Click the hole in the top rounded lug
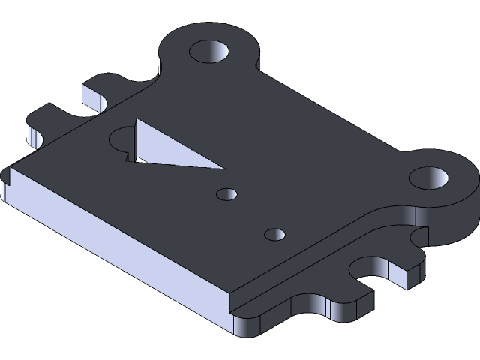211,51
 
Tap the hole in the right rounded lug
429,178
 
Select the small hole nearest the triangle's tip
226,194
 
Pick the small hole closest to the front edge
275,234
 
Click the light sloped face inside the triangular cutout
172,148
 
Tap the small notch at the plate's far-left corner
9,177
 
